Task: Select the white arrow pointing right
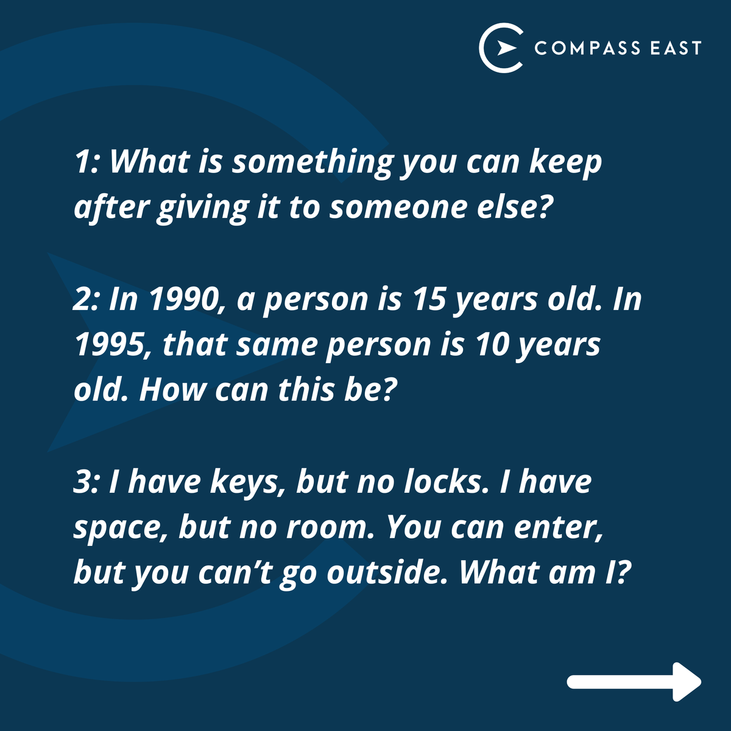tap(634, 681)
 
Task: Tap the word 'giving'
tap(202, 209)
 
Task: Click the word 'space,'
tap(120, 529)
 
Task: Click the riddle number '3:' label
tap(87, 482)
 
